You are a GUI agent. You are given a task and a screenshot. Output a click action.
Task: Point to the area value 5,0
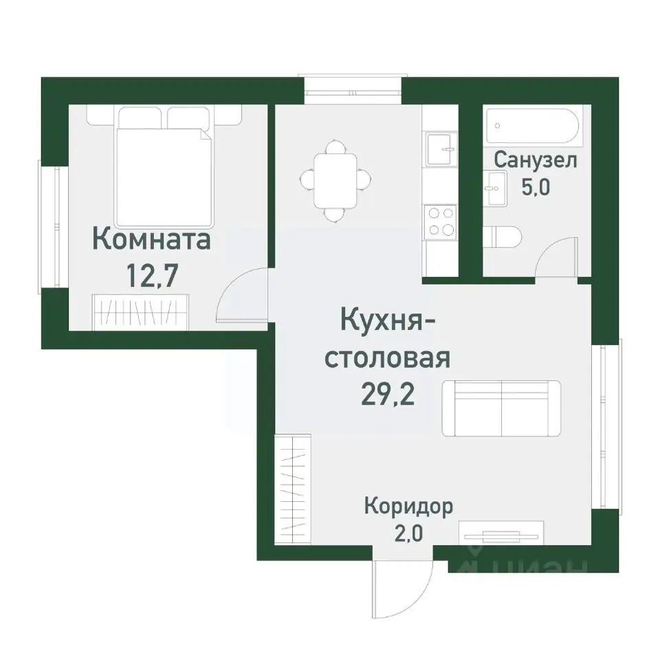[536, 188]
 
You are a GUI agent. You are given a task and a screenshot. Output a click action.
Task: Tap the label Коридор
[408, 507]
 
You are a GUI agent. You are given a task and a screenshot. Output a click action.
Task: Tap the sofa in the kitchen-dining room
[501, 408]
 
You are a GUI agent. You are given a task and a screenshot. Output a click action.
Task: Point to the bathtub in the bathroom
[533, 126]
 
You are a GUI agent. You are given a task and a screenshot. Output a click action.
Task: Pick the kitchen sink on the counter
[441, 150]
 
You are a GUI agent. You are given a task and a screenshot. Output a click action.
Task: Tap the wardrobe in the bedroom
[140, 311]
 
